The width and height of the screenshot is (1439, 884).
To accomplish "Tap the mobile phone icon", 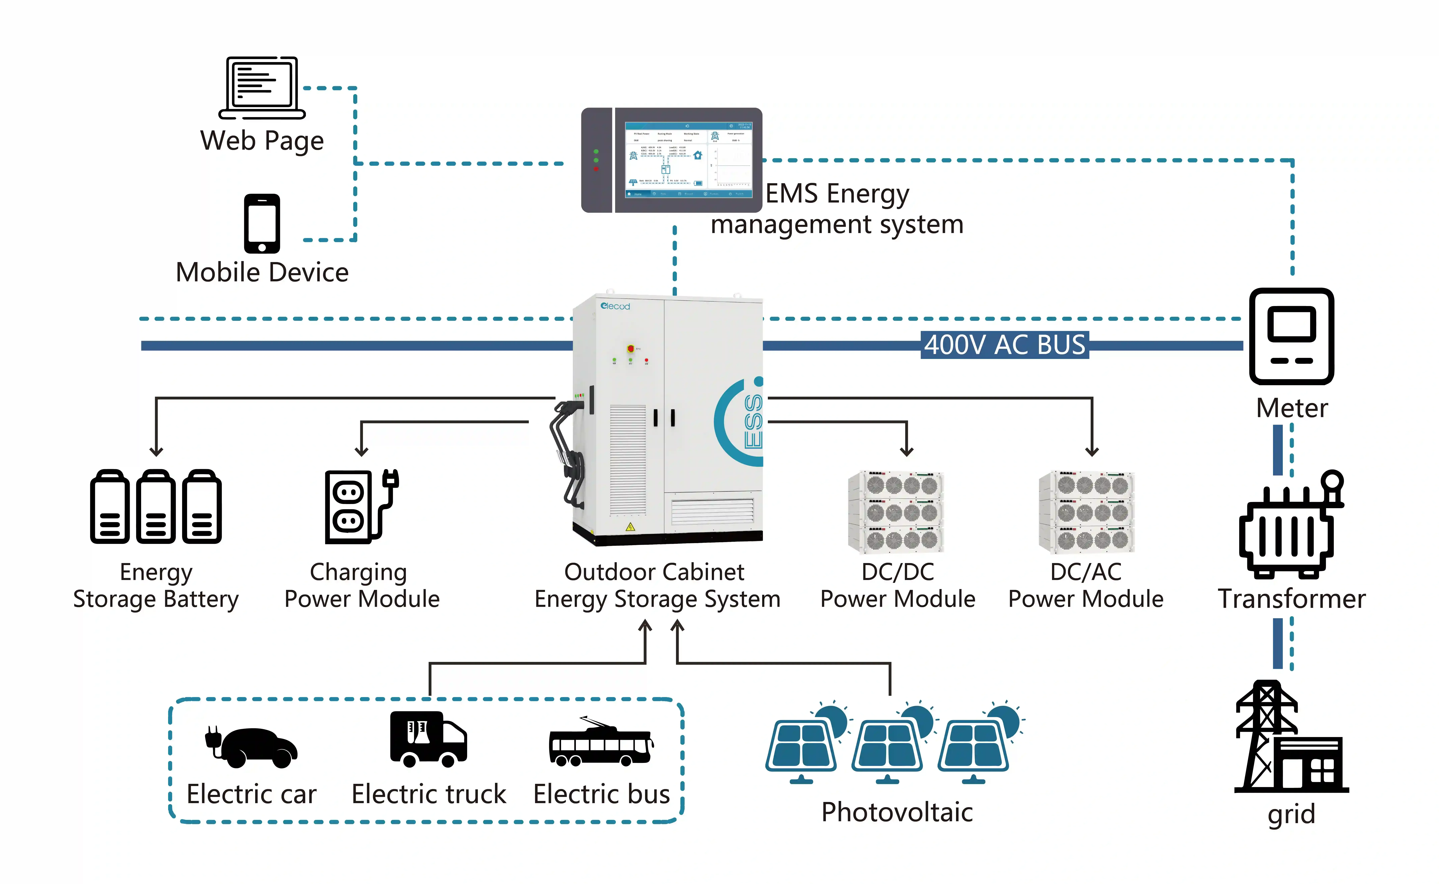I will click(x=262, y=223).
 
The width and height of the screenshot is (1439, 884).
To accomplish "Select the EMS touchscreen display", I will click(x=688, y=160).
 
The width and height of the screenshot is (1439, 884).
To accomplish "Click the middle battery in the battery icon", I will click(x=156, y=507).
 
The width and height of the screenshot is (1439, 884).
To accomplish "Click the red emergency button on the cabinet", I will click(x=630, y=349).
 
